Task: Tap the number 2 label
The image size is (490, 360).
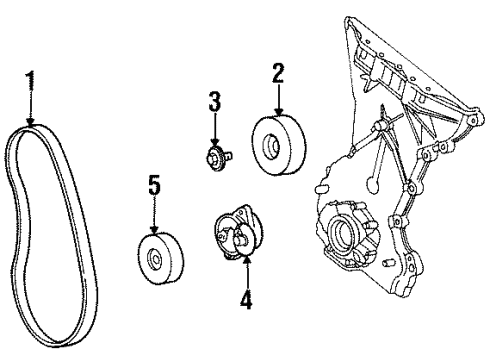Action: pos(278,72)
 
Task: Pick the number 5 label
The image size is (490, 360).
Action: pos(154,185)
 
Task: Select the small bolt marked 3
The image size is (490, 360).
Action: pos(216,156)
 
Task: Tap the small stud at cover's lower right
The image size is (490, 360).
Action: pos(387,262)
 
